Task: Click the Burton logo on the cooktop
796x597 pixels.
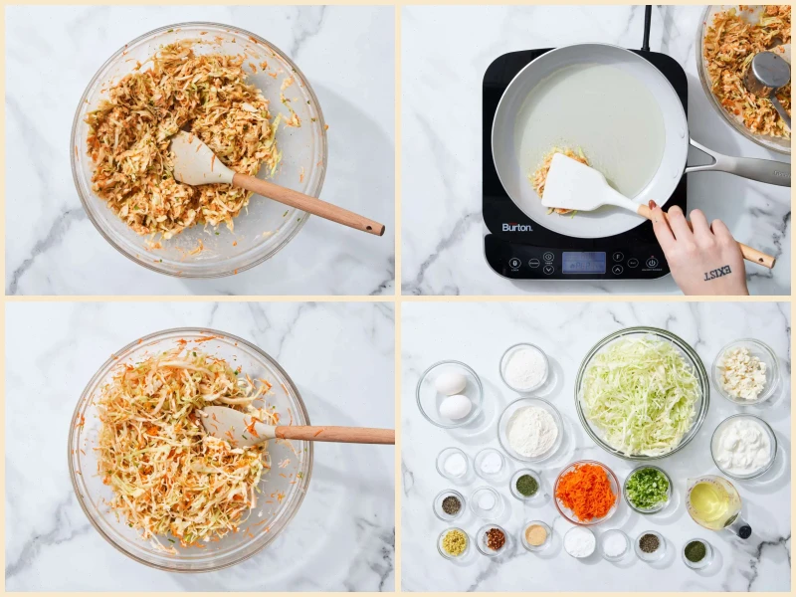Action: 516,227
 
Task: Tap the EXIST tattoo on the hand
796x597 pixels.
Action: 717,272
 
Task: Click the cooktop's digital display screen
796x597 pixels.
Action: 583,262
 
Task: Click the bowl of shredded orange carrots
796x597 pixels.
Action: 587,492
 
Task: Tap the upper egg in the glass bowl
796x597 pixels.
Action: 451,383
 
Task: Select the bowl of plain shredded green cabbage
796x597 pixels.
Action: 641,392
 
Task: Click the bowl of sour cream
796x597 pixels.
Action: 743,446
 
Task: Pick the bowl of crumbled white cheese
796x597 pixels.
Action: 744,373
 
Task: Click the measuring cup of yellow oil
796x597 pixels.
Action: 712,502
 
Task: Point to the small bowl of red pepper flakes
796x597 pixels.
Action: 494,539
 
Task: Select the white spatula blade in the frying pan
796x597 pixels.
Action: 576,183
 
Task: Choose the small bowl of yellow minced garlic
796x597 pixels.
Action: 454,542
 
